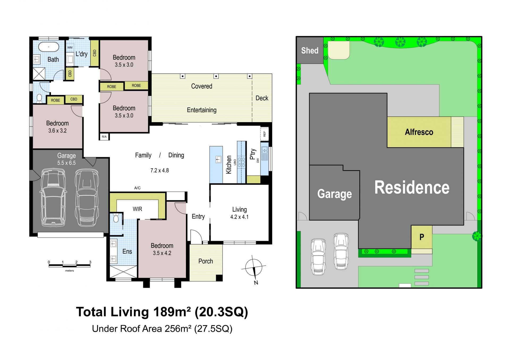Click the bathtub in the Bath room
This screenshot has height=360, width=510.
pos(49,47)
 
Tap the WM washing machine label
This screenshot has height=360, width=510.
pos(70,48)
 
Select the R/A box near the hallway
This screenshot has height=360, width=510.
pos(104,137)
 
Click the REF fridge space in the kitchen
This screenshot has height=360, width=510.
pos(265,134)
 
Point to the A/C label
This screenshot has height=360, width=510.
pos(137,188)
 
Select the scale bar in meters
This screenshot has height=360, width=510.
pos(70,265)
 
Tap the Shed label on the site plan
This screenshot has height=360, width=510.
pos(310,50)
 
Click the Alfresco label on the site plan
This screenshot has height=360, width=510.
pos(419,132)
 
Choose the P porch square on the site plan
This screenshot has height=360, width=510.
pos(422,237)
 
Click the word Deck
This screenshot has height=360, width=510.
pos(262,98)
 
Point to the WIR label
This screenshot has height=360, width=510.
pos(137,209)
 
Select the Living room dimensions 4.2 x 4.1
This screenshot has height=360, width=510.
pos(239,217)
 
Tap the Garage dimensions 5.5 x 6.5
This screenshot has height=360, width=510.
pos(66,163)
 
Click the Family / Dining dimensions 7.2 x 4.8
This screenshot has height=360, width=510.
pos(160,170)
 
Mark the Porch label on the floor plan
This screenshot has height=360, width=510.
pos(206,261)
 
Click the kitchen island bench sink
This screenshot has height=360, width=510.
pos(218,159)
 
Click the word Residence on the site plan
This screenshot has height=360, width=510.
pos(412,187)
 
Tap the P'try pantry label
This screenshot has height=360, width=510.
pos(253,154)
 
